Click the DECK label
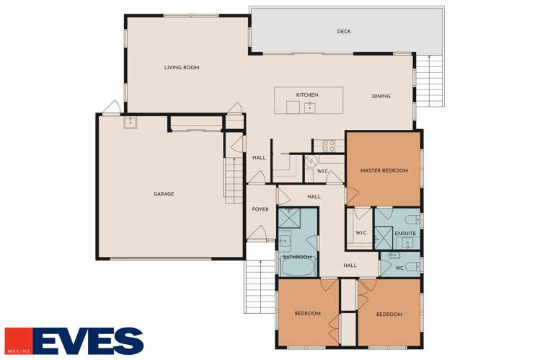(344, 31)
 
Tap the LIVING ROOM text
(181, 68)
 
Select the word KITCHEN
(306, 95)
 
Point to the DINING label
(381, 96)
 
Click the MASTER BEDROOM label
(384, 171)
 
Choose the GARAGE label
(164, 193)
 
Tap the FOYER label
(260, 209)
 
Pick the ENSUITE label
(404, 233)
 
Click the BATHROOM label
(297, 257)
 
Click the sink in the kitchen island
(309, 107)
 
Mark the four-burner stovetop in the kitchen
(328, 146)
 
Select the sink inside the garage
(130, 122)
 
